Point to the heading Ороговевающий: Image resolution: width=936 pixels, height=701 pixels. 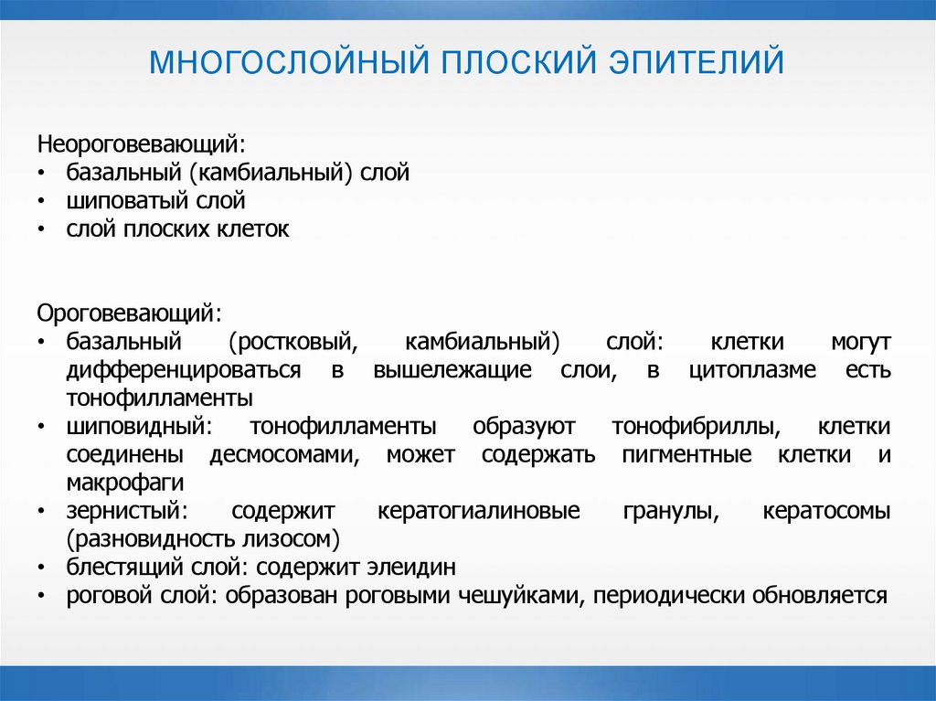(129, 313)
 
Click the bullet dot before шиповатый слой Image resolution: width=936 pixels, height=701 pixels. (41, 202)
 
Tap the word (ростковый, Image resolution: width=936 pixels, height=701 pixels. (291, 342)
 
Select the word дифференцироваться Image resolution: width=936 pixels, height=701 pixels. (184, 370)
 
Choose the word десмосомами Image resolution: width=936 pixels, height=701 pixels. (284, 455)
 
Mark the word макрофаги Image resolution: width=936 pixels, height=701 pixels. (125, 483)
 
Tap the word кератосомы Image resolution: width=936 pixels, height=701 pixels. (826, 511)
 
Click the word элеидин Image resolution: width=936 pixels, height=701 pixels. (406, 568)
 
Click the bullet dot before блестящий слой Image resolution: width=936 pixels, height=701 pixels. (41, 568)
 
